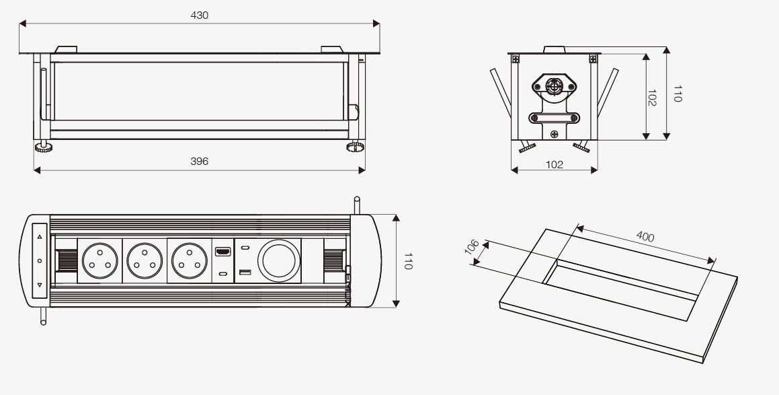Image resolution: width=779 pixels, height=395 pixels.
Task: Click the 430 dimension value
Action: (x=199, y=15)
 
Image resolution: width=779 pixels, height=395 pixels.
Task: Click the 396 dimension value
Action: (x=199, y=161)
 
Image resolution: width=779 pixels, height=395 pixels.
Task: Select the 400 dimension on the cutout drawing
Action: (x=645, y=237)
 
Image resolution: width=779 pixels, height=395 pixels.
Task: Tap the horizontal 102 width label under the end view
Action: (x=554, y=164)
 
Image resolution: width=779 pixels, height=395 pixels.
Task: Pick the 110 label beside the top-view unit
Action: (x=407, y=261)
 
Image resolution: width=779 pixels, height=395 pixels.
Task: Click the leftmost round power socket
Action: (x=99, y=260)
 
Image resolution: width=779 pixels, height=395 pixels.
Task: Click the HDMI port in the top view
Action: (x=222, y=252)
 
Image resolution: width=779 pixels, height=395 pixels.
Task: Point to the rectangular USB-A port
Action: (x=245, y=273)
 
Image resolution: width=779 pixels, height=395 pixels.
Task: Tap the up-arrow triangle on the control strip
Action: (x=40, y=237)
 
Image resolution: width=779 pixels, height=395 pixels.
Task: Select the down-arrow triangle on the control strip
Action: (x=40, y=285)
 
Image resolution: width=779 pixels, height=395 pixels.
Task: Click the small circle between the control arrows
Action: (x=40, y=260)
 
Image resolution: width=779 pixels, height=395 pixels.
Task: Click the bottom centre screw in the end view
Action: (x=554, y=133)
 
